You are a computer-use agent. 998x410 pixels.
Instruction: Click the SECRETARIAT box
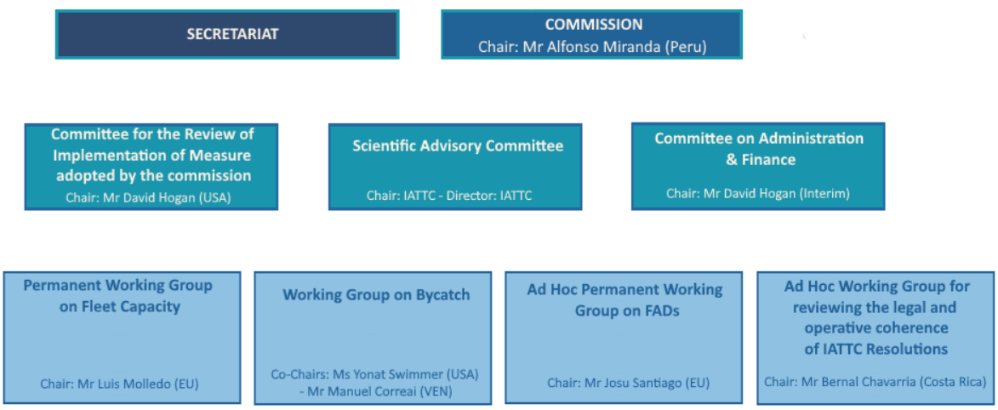tap(227, 34)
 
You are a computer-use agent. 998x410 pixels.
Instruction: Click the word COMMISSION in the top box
tap(594, 24)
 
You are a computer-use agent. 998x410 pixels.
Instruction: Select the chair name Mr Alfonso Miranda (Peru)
tap(615, 47)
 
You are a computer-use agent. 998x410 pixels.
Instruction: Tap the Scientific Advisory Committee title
tap(458, 145)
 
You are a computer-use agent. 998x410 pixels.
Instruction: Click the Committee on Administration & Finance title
tap(759, 149)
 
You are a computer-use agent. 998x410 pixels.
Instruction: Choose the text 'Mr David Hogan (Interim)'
tap(777, 193)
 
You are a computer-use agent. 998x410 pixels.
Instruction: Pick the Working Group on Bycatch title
tap(376, 295)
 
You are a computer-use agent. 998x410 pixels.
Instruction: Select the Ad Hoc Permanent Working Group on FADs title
tap(625, 300)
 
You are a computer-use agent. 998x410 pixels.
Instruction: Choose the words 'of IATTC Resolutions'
tap(875, 350)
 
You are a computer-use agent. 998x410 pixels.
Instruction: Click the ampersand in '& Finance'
tap(732, 160)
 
